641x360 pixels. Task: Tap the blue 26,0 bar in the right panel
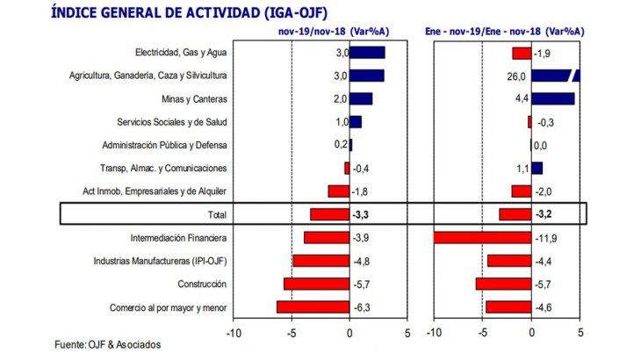pyautogui.click(x=555, y=76)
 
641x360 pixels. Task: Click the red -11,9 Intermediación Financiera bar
pyautogui.click(x=482, y=238)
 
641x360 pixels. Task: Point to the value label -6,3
pyautogui.click(x=361, y=307)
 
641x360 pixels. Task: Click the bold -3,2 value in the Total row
pyautogui.click(x=546, y=214)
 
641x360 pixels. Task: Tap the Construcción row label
pyautogui.click(x=202, y=284)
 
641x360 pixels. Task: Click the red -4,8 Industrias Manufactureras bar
pyautogui.click(x=320, y=261)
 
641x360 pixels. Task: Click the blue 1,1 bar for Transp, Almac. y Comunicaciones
pyautogui.click(x=537, y=168)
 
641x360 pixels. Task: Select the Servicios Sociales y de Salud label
pyautogui.click(x=172, y=122)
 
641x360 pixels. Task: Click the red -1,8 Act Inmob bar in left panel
pyautogui.click(x=338, y=191)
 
